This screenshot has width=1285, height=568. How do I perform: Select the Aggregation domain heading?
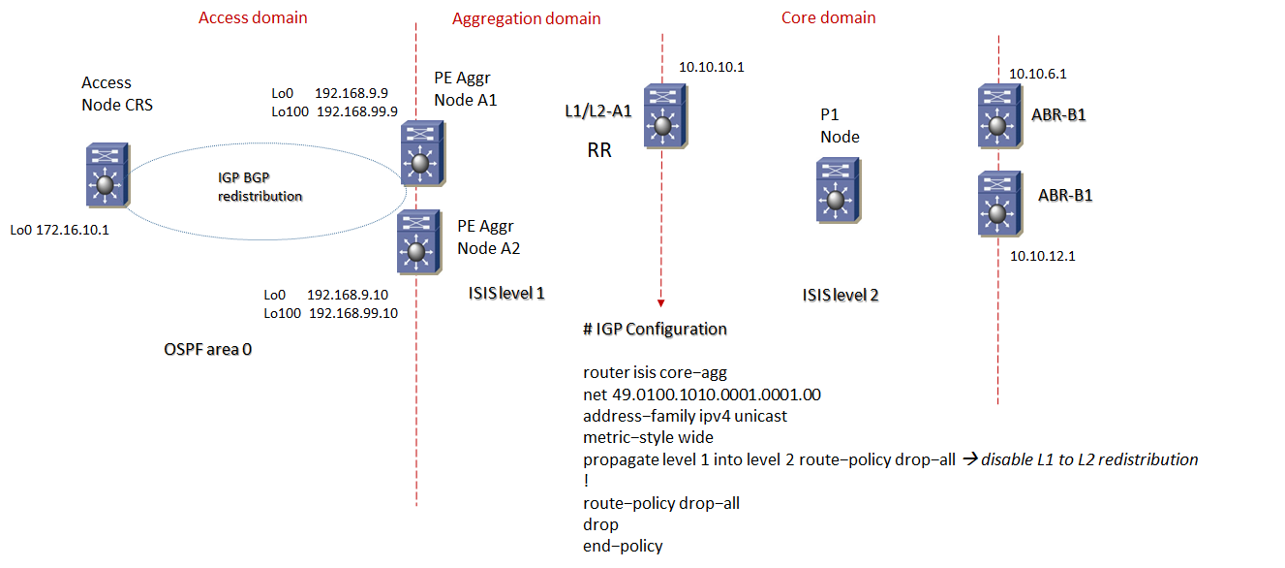(x=526, y=18)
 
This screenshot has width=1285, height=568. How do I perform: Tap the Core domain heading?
(x=828, y=17)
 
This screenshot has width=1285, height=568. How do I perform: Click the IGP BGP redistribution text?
(x=259, y=187)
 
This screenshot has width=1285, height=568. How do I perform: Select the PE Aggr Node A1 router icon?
(x=420, y=153)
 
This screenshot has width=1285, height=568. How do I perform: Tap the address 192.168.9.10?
(x=349, y=294)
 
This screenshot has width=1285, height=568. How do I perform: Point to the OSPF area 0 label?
(x=207, y=349)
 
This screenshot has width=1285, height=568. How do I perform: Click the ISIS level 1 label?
(x=513, y=293)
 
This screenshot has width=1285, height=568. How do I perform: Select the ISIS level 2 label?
(x=841, y=295)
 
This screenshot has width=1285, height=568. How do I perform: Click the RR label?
(x=599, y=151)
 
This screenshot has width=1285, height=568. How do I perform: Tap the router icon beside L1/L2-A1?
(x=662, y=115)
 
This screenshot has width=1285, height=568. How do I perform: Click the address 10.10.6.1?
(x=1037, y=73)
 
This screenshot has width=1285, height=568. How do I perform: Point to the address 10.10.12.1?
(x=1043, y=256)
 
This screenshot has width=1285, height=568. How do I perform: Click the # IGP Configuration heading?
(x=655, y=329)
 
